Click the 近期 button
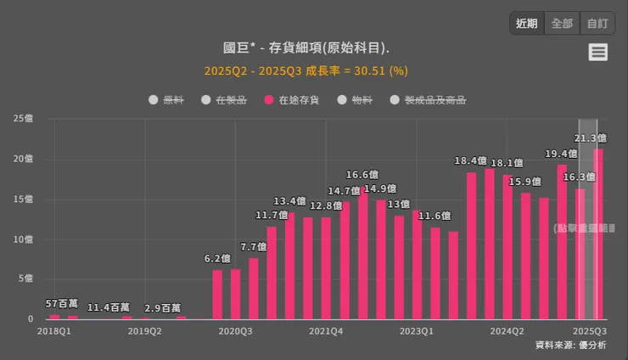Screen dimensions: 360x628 [526, 24]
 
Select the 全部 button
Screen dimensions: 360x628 [562, 24]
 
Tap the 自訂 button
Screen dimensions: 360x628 [597, 24]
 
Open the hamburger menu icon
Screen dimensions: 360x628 [598, 52]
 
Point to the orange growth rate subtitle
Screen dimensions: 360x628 [306, 70]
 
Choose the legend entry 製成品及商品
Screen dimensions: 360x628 [428, 100]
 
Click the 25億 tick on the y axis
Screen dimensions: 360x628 [24, 118]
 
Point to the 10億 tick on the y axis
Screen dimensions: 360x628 [24, 239]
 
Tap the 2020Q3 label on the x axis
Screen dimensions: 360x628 [235, 332]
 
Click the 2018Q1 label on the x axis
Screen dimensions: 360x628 [53, 332]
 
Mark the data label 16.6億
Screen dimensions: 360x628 [362, 175]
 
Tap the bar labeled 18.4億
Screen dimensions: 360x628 [471, 246]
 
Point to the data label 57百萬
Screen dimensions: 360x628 [62, 303]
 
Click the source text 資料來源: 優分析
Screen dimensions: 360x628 [570, 345]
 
